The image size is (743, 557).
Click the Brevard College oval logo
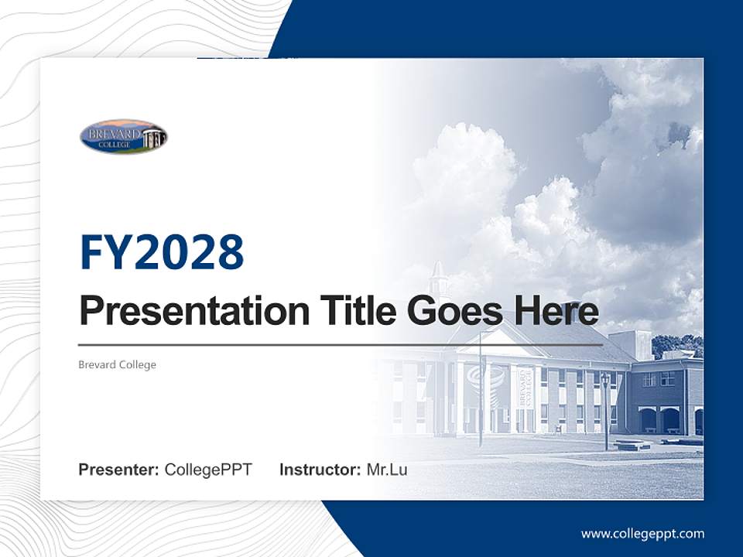tap(124, 137)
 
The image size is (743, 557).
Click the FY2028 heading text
tap(162, 251)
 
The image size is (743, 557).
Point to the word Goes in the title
tap(452, 311)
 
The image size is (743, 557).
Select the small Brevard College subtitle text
tap(117, 364)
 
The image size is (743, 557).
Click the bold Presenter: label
tap(118, 470)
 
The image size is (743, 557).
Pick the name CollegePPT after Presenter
tap(208, 470)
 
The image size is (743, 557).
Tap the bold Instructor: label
tap(320, 470)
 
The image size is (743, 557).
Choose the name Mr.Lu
tap(386, 470)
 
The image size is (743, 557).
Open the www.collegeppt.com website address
tap(642, 533)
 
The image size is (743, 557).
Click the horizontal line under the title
tap(341, 345)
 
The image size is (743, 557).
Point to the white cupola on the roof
tap(438, 278)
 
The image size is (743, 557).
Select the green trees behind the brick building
tap(676, 344)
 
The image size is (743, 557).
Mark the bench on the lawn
tap(632, 445)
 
